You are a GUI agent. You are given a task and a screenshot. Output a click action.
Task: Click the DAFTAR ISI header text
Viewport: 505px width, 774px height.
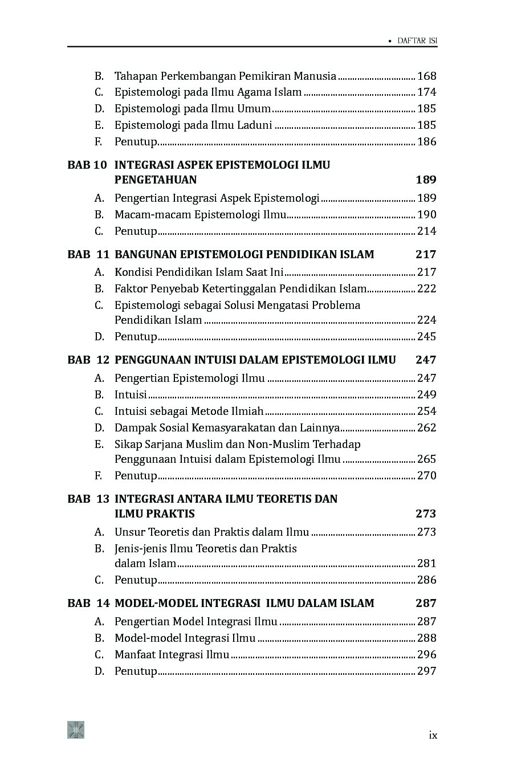coord(417,41)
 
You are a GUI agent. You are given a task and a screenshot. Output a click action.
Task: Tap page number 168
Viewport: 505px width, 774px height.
coord(426,76)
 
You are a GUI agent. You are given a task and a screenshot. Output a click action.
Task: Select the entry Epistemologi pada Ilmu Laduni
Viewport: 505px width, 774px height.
coord(193,125)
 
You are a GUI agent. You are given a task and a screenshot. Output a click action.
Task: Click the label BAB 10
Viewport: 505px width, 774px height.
coord(87,165)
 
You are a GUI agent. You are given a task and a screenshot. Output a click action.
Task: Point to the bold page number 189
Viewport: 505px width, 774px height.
coord(426,180)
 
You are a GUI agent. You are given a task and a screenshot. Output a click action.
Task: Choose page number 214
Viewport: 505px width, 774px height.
coord(426,231)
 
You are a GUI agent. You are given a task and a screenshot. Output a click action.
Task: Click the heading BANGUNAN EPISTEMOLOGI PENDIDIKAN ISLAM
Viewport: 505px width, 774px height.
coord(244,254)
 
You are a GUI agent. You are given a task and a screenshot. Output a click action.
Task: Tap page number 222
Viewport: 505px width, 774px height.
coord(426,288)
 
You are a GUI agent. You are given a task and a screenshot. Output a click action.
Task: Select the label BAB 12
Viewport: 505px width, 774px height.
coord(88,360)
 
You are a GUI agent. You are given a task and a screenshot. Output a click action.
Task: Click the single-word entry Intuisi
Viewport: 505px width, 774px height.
coord(131,394)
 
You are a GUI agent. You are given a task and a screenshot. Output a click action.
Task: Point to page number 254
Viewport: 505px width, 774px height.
coord(426,411)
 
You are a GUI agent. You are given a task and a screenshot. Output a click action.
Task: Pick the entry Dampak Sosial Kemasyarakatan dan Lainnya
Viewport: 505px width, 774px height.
coord(227,427)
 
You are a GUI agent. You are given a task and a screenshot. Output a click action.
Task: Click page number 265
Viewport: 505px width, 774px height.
coord(426,459)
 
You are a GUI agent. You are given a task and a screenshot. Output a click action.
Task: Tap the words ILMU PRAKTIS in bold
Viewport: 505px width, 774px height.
coord(154,514)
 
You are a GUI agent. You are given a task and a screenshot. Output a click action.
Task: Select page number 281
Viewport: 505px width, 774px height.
coord(426,563)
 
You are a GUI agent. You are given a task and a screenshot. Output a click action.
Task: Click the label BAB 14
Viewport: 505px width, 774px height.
coord(88,603)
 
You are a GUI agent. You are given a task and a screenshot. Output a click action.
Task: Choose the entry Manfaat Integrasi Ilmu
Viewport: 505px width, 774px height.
coord(172,654)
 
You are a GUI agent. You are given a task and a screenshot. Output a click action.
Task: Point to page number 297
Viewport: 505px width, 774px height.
coord(426,671)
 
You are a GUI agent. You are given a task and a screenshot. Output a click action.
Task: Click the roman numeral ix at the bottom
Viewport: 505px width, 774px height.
coord(433,735)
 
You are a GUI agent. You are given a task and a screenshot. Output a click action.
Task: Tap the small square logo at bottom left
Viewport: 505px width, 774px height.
coord(76,730)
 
